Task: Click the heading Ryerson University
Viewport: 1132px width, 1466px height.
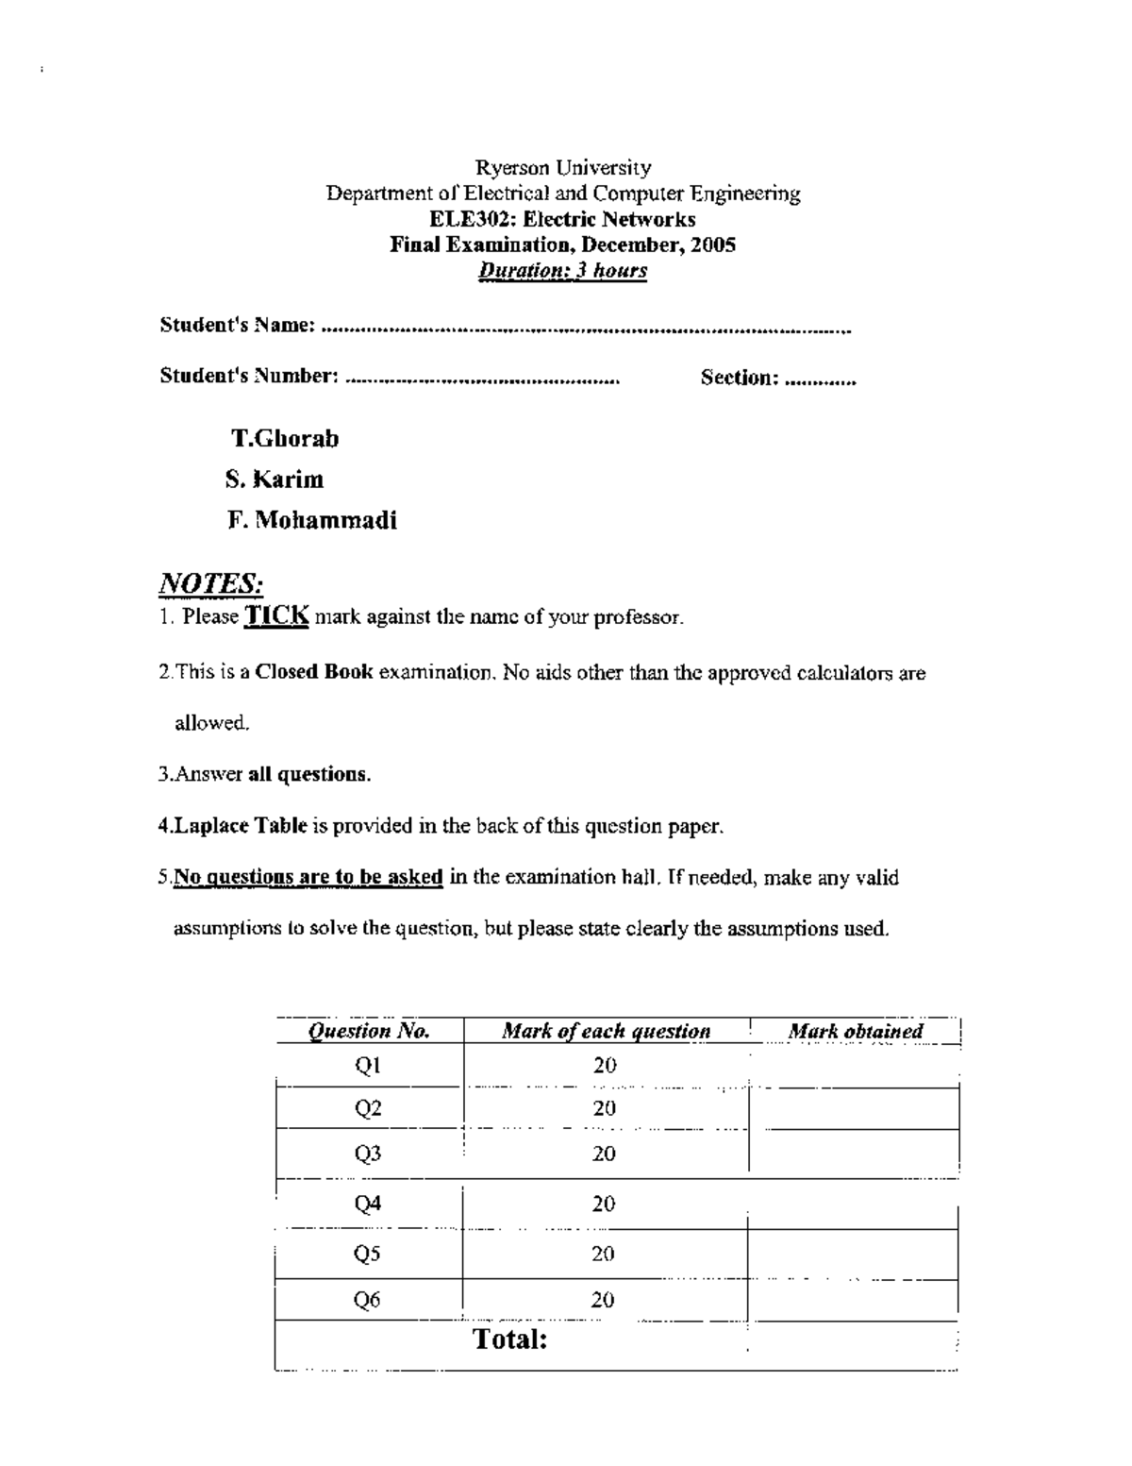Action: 563,168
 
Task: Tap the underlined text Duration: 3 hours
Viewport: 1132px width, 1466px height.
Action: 563,271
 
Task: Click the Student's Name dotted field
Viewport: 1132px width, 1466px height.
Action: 586,329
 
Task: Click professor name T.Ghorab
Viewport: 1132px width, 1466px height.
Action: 285,439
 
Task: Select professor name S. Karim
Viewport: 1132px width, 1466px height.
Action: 275,480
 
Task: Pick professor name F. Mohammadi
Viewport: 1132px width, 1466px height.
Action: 312,520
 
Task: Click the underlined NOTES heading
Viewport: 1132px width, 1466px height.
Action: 210,583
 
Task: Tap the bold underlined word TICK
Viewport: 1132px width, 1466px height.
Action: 276,616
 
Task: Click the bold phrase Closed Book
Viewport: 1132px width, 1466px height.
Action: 314,673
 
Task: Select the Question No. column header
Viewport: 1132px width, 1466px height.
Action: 370,1031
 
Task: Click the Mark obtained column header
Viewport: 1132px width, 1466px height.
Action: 855,1031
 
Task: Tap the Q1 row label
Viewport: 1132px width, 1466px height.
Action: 368,1066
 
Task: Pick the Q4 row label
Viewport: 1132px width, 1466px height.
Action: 368,1204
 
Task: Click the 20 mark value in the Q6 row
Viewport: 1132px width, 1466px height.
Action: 604,1300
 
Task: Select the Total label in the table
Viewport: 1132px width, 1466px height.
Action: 510,1339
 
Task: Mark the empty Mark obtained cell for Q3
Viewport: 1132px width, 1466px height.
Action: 854,1154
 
